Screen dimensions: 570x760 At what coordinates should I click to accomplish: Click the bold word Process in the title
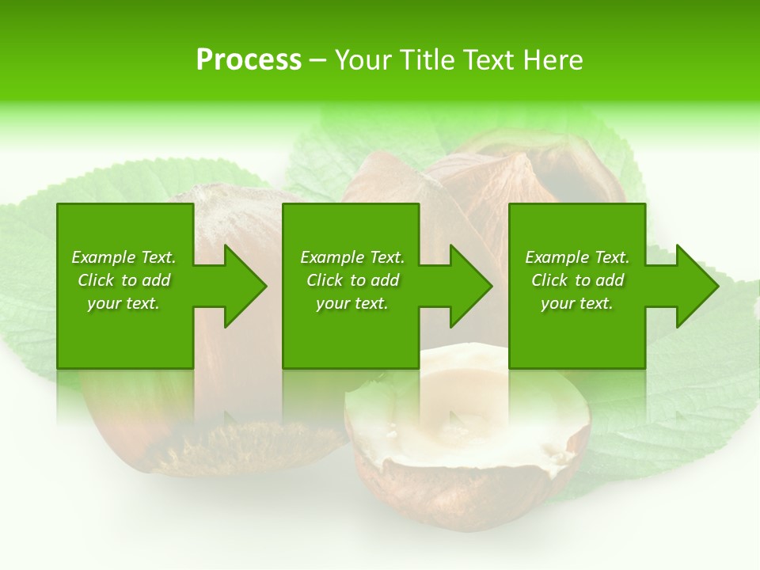coord(249,60)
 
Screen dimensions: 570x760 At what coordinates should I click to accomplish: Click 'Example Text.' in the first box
coord(123,257)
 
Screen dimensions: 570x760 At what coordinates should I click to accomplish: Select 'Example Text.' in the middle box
coord(352,257)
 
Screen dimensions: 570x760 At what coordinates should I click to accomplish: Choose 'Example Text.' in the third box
coord(577,257)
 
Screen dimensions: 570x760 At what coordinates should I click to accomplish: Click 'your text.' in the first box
coord(123,303)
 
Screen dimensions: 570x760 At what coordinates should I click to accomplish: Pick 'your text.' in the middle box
coord(352,303)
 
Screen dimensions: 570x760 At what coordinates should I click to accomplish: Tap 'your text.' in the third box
coord(577,303)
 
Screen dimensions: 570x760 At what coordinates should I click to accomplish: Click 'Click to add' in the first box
coord(123,280)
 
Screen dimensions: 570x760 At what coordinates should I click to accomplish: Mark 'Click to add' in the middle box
coord(352,280)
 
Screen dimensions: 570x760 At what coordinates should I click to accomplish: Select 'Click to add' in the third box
coord(577,280)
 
